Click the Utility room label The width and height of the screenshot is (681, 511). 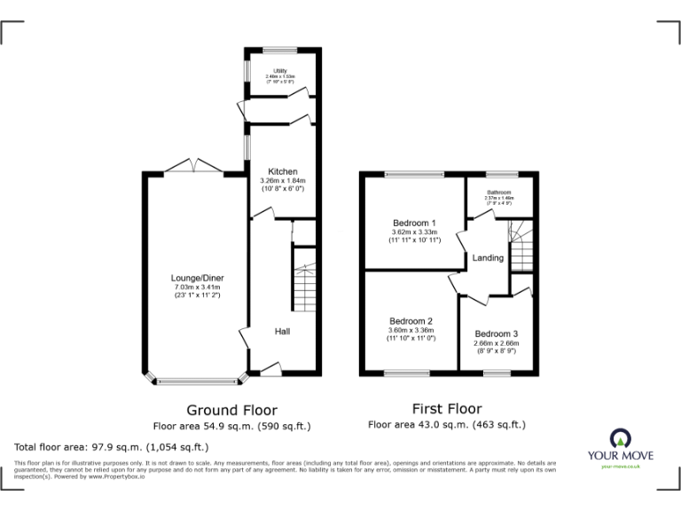279,70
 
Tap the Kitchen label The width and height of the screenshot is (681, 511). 283,171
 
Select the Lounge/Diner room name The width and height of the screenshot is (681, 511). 196,278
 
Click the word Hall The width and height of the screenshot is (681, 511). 282,331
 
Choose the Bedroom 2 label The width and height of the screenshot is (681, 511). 411,320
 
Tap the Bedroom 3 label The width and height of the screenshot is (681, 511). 496,334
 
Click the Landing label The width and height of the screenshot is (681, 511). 488,258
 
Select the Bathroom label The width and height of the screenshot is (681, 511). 499,192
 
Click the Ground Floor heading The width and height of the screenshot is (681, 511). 231,410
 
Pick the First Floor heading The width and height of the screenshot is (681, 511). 447,409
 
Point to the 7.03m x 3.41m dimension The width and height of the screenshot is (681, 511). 196,287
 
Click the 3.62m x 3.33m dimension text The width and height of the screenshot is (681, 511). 414,232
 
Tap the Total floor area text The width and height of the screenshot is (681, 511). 111,446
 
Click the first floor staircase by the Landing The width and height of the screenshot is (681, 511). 520,246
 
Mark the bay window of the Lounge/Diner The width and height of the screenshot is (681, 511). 196,381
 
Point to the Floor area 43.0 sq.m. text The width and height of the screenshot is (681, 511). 447,425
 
